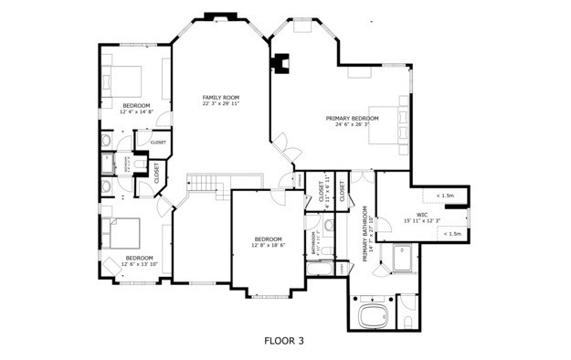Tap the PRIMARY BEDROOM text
[353, 118]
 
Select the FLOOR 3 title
[283, 341]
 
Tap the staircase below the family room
[206, 185]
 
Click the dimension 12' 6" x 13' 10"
[139, 265]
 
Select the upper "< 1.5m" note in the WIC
[446, 196]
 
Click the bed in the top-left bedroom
[123, 79]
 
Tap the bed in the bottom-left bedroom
[122, 235]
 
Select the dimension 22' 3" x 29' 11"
[220, 103]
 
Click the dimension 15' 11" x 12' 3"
[421, 220]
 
